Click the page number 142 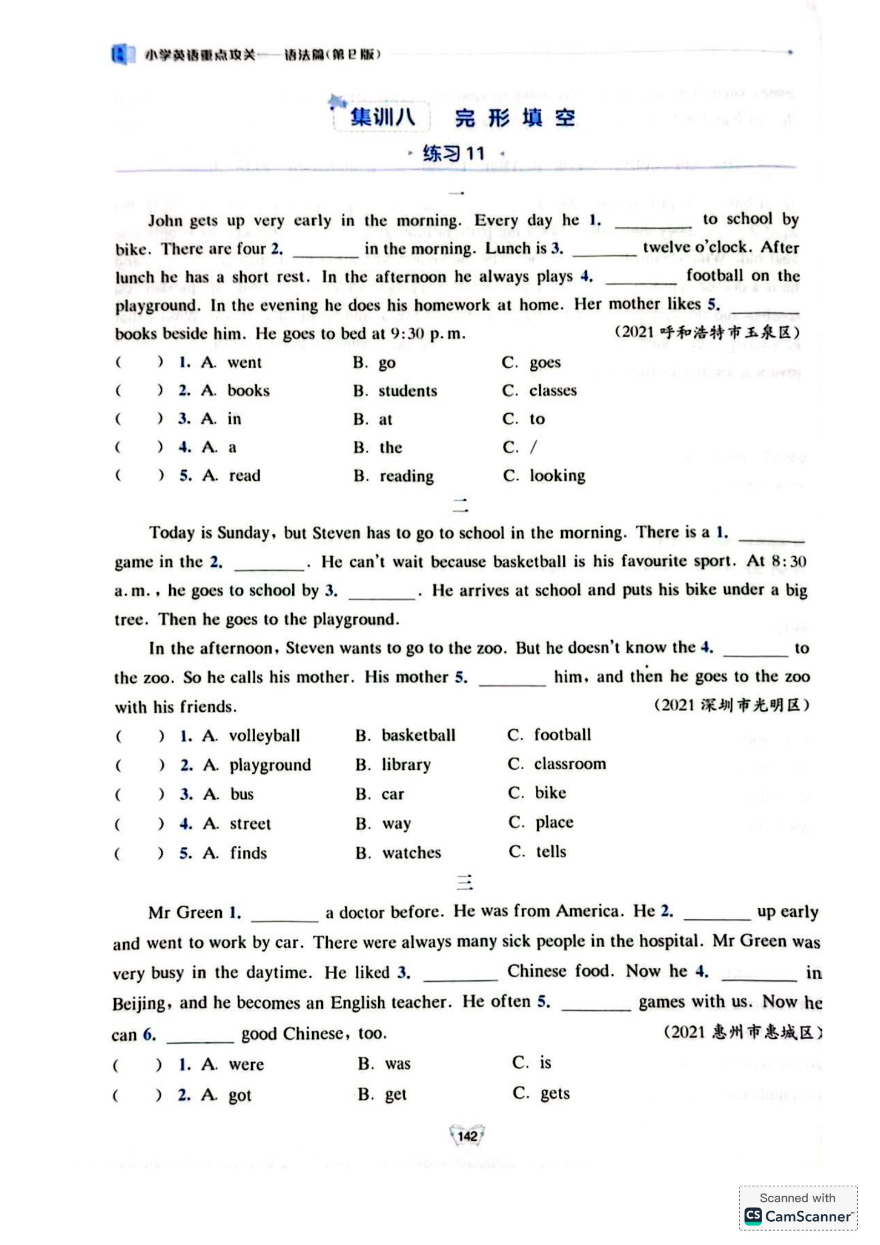[x=467, y=1136]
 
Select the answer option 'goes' [x=545, y=362]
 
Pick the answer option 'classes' [x=552, y=390]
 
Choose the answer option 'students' [x=408, y=391]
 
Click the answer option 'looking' [x=557, y=475]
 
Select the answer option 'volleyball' [x=264, y=735]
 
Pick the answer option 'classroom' [x=569, y=764]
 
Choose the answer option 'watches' [x=411, y=852]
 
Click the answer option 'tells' [x=551, y=851]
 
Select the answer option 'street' [x=250, y=824]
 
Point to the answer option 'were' [x=246, y=1064]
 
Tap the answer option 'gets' [x=555, y=1093]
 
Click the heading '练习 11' [x=454, y=153]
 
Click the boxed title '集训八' [x=382, y=117]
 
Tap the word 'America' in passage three [x=587, y=911]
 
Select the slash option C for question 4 [x=533, y=447]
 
